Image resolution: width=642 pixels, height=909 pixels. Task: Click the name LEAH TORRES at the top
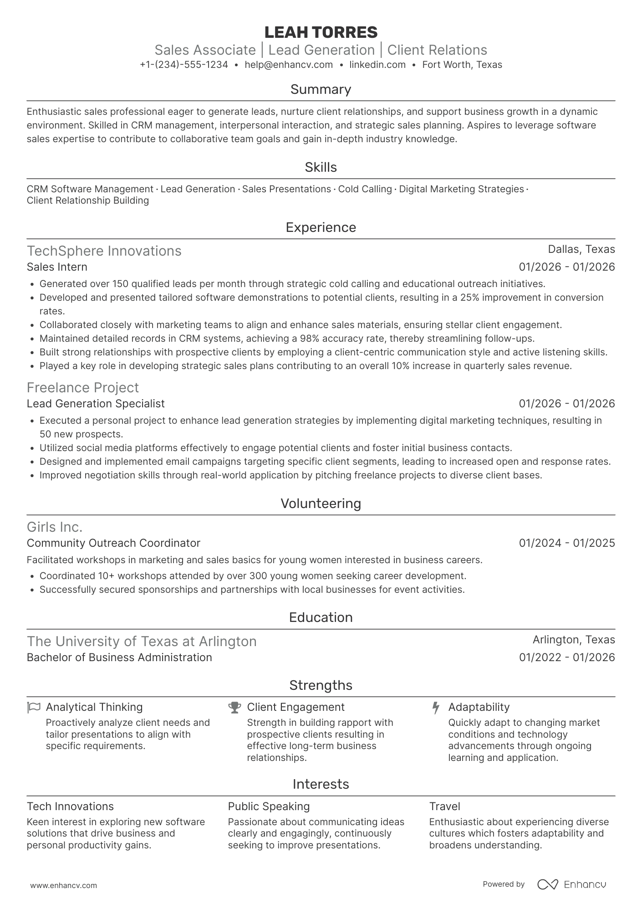point(321,32)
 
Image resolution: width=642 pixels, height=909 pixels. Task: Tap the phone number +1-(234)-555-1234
point(184,65)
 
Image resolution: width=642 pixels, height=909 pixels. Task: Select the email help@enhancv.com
point(289,65)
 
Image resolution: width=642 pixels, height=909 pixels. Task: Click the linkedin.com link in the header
point(377,65)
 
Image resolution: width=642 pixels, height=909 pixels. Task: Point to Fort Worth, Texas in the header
point(462,65)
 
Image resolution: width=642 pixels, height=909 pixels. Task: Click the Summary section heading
point(321,89)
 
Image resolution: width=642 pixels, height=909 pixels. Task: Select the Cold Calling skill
point(365,189)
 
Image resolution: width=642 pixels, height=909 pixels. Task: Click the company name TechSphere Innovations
point(104,251)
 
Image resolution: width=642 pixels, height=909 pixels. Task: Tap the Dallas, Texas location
point(581,249)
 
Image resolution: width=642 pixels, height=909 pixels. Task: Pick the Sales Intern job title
point(57,267)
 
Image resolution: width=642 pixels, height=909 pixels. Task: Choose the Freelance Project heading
point(82,388)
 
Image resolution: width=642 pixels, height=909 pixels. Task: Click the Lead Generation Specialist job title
point(96,404)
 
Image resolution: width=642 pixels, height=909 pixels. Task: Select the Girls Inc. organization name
point(55,527)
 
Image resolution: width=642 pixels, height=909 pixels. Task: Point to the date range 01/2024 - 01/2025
point(566,543)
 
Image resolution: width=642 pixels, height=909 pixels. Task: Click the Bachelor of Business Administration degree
point(119,657)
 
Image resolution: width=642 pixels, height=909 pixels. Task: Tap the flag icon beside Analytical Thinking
point(33,707)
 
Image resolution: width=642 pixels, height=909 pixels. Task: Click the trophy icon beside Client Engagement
point(234,707)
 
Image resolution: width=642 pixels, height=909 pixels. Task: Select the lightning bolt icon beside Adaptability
point(436,708)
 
